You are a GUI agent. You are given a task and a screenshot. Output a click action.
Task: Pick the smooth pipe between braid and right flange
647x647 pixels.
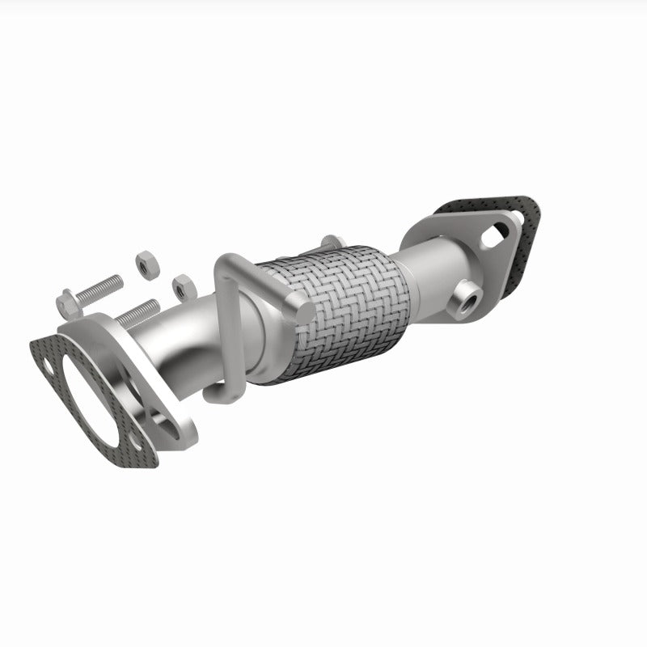(429, 275)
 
